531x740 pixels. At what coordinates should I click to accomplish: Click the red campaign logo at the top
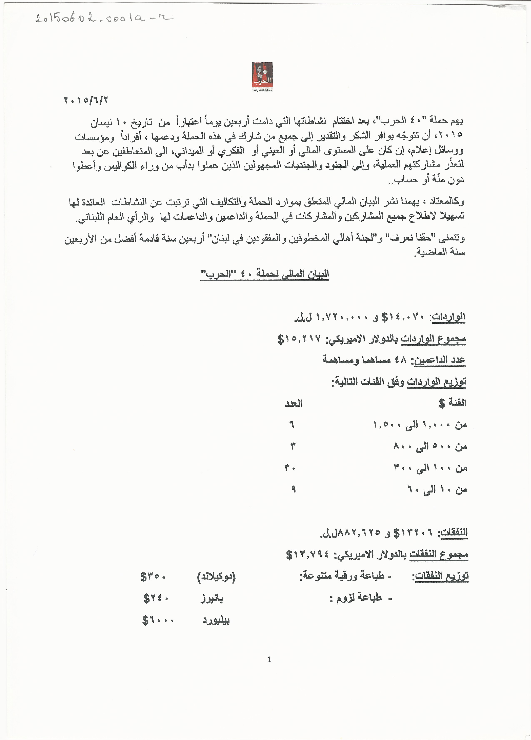click(x=262, y=77)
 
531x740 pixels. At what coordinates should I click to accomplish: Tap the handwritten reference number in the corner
click(x=104, y=18)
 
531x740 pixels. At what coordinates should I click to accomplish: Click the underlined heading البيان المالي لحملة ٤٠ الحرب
click(x=264, y=274)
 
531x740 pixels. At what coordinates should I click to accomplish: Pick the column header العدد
click(x=294, y=404)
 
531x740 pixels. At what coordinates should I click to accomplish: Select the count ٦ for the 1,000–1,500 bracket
click(x=292, y=425)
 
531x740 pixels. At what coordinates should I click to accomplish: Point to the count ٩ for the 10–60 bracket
click(x=293, y=489)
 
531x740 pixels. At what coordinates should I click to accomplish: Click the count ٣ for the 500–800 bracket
click(x=293, y=446)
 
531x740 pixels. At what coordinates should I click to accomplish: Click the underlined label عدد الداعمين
click(x=440, y=360)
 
